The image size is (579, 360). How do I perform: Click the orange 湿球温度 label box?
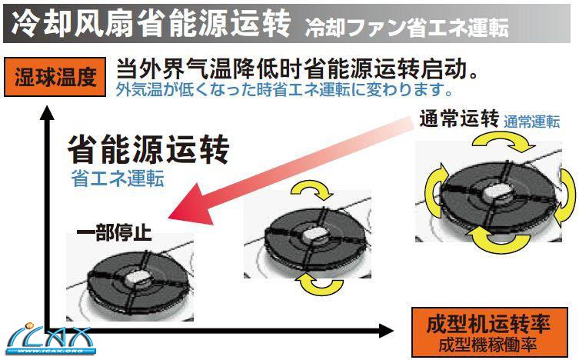tap(55, 77)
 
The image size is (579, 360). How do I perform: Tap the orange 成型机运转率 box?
tap(489, 332)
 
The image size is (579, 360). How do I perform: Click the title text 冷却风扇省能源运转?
tap(151, 23)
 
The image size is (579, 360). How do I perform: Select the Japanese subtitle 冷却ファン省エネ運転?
tap(407, 27)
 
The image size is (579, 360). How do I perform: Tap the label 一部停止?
tap(114, 233)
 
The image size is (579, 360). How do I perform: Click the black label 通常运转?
tap(459, 118)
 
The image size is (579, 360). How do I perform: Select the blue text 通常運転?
tap(532, 122)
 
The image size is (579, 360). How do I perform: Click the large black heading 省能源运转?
tap(148, 148)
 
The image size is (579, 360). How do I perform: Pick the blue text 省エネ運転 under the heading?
tap(118, 178)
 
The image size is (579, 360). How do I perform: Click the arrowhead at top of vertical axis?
tap(47, 112)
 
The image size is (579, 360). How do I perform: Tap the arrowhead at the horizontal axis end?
tap(386, 330)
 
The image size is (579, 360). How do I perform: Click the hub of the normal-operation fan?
tap(497, 192)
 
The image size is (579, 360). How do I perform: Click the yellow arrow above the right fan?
tap(504, 142)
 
